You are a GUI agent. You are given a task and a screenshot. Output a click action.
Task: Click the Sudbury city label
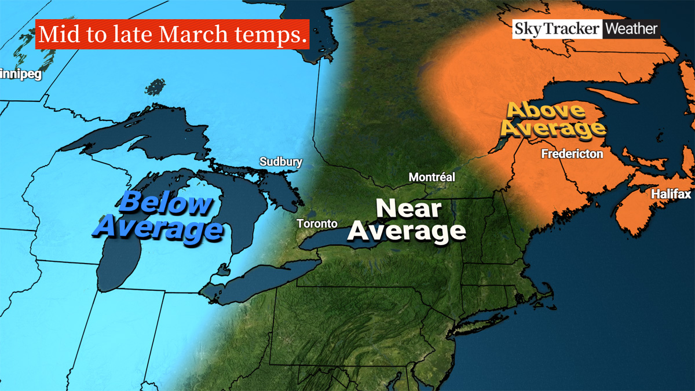(x=281, y=162)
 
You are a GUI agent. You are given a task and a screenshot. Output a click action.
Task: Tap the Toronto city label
(x=316, y=224)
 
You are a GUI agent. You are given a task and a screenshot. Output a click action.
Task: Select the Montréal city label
(x=431, y=177)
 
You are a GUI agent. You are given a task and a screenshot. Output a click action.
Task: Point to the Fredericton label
(x=572, y=154)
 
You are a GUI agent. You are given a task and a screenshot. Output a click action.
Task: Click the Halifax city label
(x=671, y=194)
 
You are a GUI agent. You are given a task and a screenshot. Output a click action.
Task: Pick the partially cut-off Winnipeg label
(x=21, y=75)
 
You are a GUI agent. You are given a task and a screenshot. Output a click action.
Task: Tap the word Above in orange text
(x=538, y=111)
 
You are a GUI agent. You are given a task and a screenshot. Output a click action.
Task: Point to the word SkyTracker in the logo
(x=557, y=29)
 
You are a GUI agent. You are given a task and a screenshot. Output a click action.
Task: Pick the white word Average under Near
(x=407, y=231)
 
